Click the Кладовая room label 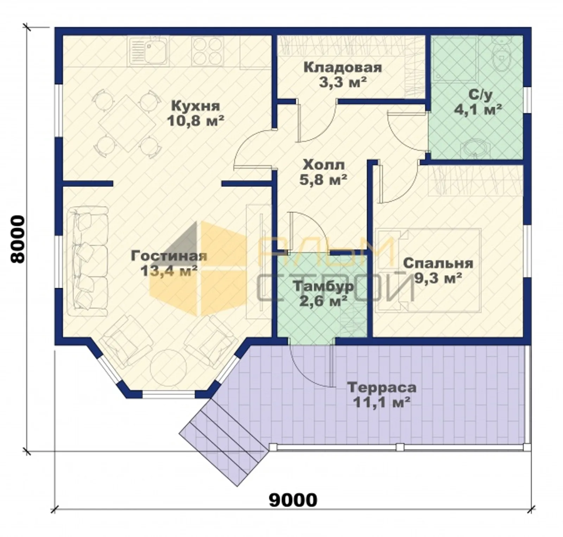coord(343,67)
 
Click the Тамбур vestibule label coord(323,286)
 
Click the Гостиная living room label coord(169,256)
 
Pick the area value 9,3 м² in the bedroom coord(438,278)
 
